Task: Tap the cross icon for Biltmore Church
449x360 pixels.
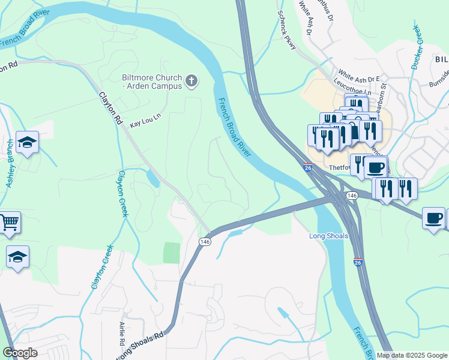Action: click(191, 81)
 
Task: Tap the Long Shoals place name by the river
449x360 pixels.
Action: click(328, 236)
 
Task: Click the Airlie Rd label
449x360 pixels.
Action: click(122, 332)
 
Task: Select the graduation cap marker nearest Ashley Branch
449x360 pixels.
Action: click(27, 142)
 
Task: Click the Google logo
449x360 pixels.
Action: click(20, 352)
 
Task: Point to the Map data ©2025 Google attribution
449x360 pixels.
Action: click(412, 355)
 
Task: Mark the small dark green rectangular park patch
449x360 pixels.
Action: click(171, 253)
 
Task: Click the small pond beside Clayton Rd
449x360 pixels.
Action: click(152, 178)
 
